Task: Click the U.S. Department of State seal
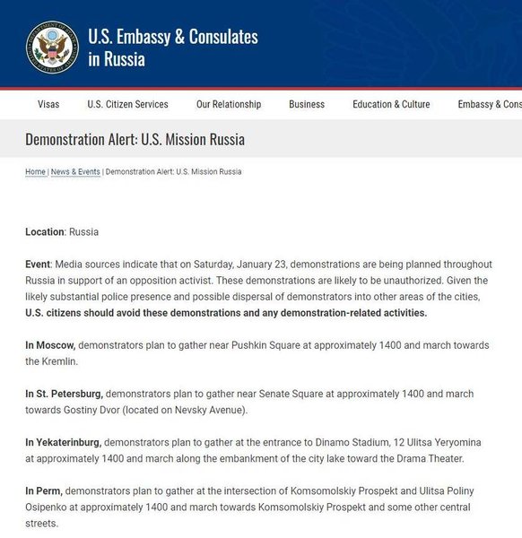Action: [x=52, y=47]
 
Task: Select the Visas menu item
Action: [x=48, y=104]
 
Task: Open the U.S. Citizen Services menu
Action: [x=127, y=104]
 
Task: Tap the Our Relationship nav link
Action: [x=229, y=104]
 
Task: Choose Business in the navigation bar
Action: [x=307, y=104]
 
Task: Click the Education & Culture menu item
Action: [x=391, y=104]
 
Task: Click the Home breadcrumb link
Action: [x=35, y=171]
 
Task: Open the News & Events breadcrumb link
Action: [x=75, y=171]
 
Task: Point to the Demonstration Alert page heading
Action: [x=135, y=140]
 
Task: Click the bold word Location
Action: [x=45, y=232]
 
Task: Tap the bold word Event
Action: [x=39, y=265]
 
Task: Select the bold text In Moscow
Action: [x=50, y=345]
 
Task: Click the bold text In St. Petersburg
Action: [x=64, y=394]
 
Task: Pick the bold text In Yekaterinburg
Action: [x=63, y=442]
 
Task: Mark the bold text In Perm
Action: [x=44, y=490]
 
